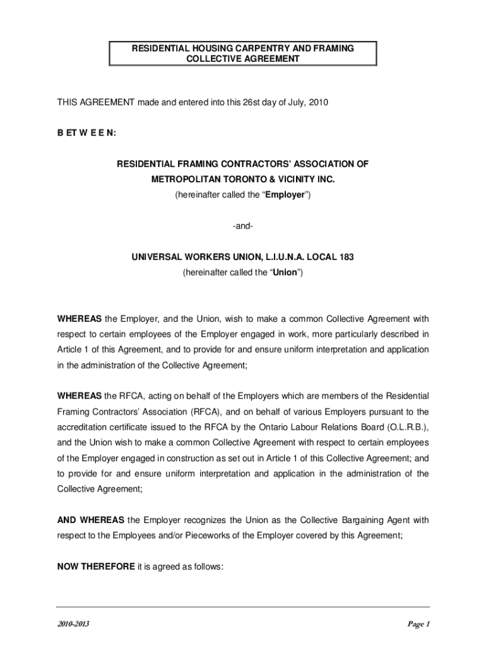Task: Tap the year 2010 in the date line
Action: coord(318,102)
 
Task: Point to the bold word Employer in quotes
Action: coord(285,195)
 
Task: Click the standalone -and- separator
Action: coord(243,226)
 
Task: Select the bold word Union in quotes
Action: coord(284,273)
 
